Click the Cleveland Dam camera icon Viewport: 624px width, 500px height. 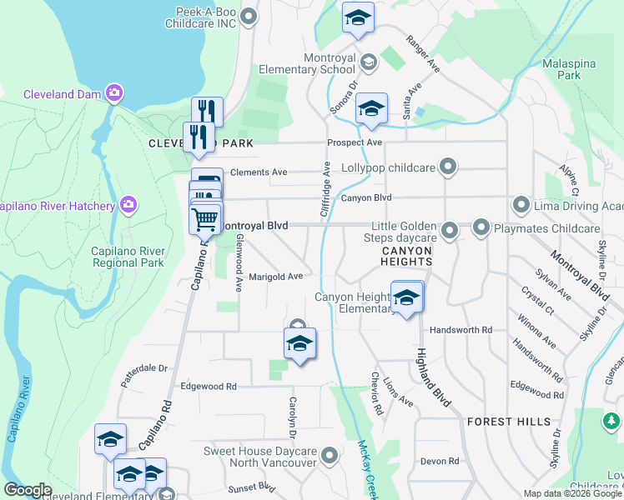[x=114, y=92]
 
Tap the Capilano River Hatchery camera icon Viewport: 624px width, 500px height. [x=128, y=204]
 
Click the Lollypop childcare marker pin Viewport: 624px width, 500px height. [x=448, y=167]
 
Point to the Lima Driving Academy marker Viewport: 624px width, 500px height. [x=521, y=204]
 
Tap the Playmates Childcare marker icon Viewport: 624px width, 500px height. [x=481, y=227]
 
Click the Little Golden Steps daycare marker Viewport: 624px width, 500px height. [x=450, y=229]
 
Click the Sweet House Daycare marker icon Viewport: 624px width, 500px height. [x=330, y=455]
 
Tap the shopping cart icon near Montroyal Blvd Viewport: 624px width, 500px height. [x=205, y=219]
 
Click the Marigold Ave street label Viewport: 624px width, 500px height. [x=274, y=277]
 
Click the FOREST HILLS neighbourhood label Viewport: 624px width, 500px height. [x=509, y=422]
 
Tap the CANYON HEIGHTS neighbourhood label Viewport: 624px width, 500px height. [x=407, y=256]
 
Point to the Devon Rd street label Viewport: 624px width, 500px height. [x=440, y=461]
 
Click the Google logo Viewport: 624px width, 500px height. [x=28, y=489]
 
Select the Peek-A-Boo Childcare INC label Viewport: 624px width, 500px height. [x=206, y=18]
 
